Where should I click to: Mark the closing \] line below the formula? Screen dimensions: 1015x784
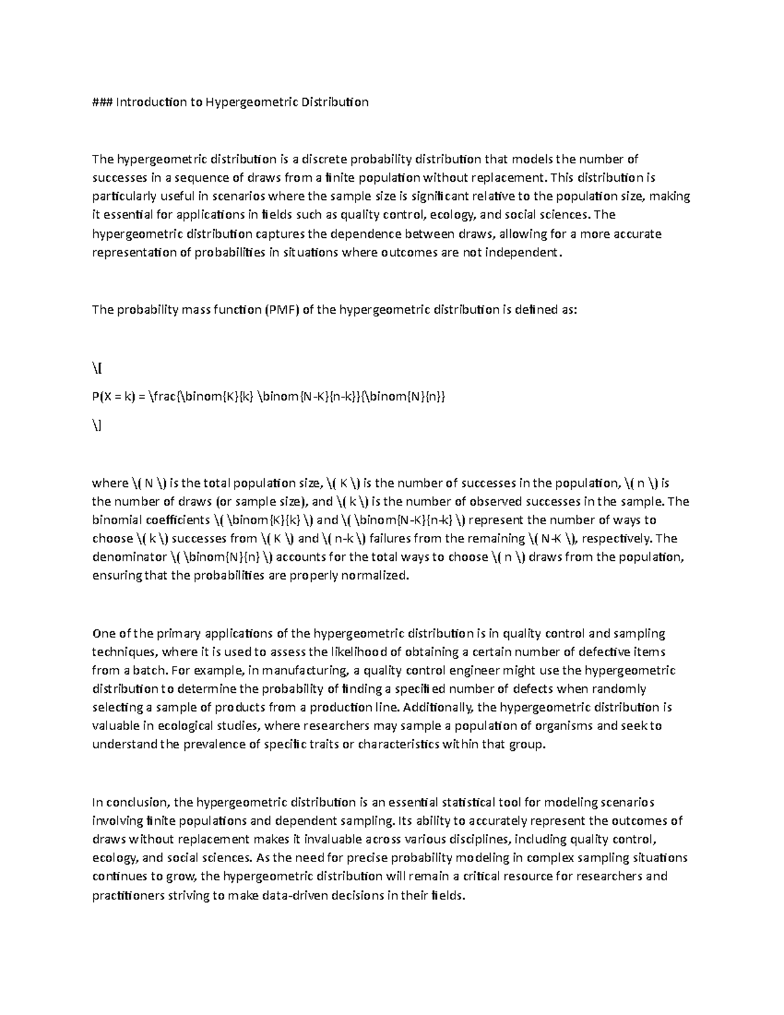click(97, 425)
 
